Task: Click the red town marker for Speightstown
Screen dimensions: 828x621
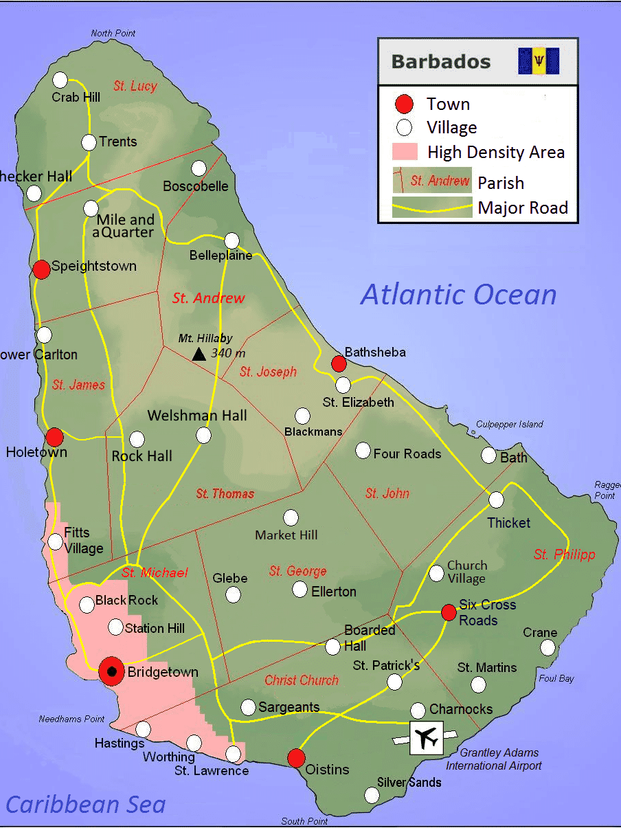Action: coord(42,269)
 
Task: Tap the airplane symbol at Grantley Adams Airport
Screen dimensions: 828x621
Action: coord(427,738)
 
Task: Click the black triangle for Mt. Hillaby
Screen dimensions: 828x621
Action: coord(199,354)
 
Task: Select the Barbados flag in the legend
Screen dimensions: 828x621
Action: coord(539,61)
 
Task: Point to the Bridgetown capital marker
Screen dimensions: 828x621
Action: coord(111,671)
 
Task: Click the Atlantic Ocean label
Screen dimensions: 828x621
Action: coord(458,294)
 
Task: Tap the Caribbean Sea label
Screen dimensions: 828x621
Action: coord(86,804)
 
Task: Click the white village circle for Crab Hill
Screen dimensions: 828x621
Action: coord(60,80)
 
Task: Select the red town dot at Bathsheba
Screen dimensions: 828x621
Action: coord(339,363)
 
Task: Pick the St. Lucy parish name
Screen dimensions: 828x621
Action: coord(135,86)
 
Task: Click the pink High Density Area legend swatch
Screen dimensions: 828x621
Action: coord(405,151)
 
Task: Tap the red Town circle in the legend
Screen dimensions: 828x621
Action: coord(405,104)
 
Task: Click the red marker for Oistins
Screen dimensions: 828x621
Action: coord(296,758)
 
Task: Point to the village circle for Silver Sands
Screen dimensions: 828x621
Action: coord(372,795)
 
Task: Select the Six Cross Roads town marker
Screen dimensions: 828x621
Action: coord(449,612)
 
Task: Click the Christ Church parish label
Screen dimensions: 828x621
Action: coord(302,680)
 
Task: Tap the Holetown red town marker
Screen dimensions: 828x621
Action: coord(54,436)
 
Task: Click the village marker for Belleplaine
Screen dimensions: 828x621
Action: coord(232,240)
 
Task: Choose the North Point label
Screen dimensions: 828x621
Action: coord(113,33)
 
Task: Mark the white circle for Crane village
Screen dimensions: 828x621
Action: coord(547,647)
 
